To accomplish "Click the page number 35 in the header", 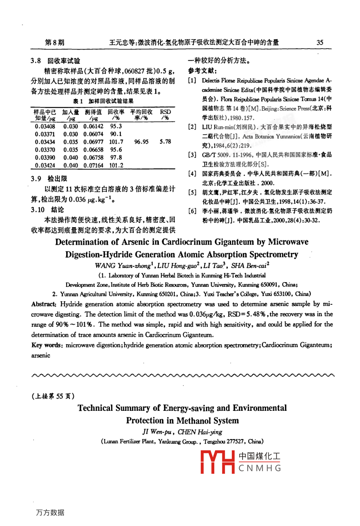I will point(320,43).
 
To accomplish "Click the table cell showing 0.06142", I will point(93,126).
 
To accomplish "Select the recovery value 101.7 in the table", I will point(116,142).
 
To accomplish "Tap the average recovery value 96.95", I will point(141,142).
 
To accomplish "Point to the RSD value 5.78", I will point(165,142).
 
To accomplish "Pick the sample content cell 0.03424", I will point(45,165).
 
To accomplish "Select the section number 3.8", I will point(36,61).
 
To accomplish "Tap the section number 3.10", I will point(37,210).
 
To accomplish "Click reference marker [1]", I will point(192,80).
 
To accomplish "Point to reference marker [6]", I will point(192,211).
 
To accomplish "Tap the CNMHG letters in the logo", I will point(260,468).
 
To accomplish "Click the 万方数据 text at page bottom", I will point(50,512).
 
